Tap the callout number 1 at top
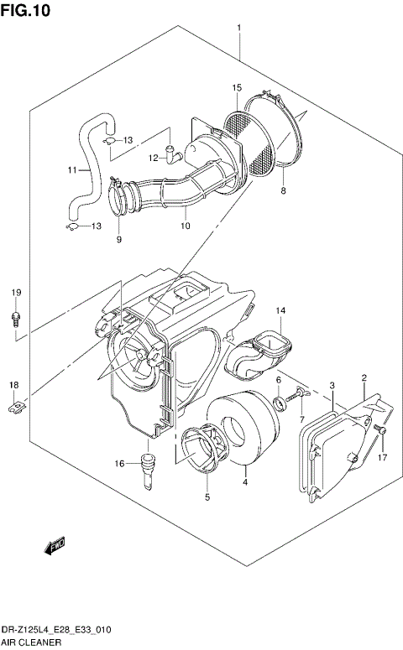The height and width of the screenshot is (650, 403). tap(239, 29)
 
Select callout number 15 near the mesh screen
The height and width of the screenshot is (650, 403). tap(237, 88)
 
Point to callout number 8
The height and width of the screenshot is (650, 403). tap(284, 192)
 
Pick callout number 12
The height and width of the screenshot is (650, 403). tap(154, 157)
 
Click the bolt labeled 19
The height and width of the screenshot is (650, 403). tap(16, 317)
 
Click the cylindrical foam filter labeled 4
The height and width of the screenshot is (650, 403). tap(243, 436)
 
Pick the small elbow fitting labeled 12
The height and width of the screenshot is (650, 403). tap(174, 153)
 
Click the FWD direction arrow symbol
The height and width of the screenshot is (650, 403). tap(56, 548)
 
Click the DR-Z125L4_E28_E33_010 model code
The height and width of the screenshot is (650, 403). tap(57, 628)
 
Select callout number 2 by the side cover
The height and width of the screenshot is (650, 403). tap(364, 378)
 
